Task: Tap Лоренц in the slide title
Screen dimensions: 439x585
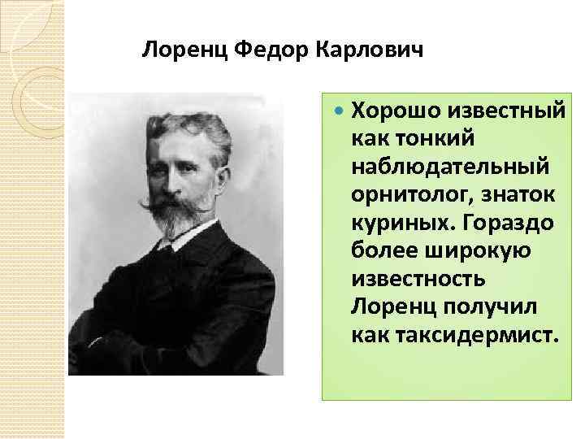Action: (184, 50)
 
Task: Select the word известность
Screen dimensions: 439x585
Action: (418, 278)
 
